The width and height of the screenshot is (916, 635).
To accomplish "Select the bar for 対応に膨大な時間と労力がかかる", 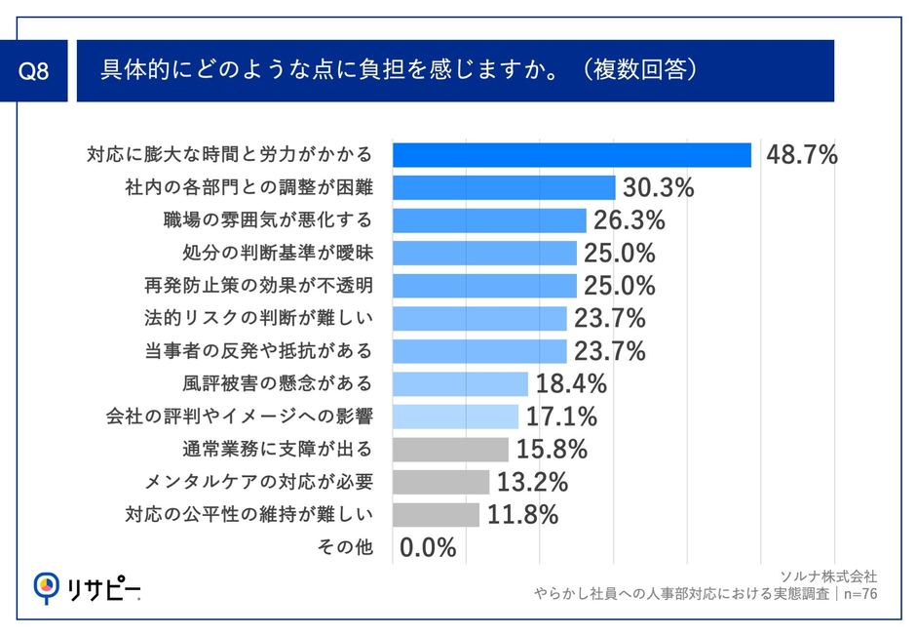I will (x=571, y=155).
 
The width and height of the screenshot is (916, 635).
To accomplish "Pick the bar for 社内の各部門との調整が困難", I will (x=503, y=187).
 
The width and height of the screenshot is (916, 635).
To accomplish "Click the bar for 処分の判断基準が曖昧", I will (x=484, y=253).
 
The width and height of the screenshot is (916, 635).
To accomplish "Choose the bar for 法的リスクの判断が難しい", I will (x=479, y=318).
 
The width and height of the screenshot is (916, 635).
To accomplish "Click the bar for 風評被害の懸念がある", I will (x=460, y=383).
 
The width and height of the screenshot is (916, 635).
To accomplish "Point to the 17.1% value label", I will (x=561, y=417).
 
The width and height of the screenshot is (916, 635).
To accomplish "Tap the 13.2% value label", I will (x=532, y=482).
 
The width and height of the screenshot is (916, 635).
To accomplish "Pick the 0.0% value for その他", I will (x=428, y=547).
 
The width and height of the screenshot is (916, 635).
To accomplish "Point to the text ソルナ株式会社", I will (x=829, y=575).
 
